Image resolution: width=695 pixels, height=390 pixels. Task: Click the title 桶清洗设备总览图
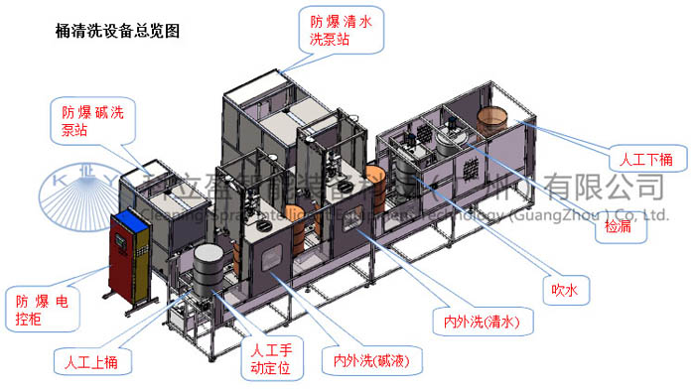[118, 31]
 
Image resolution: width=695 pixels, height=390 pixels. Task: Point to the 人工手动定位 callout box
[269, 359]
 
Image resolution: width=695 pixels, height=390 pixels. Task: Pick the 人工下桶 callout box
[646, 159]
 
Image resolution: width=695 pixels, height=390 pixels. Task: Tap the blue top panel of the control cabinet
[129, 219]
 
